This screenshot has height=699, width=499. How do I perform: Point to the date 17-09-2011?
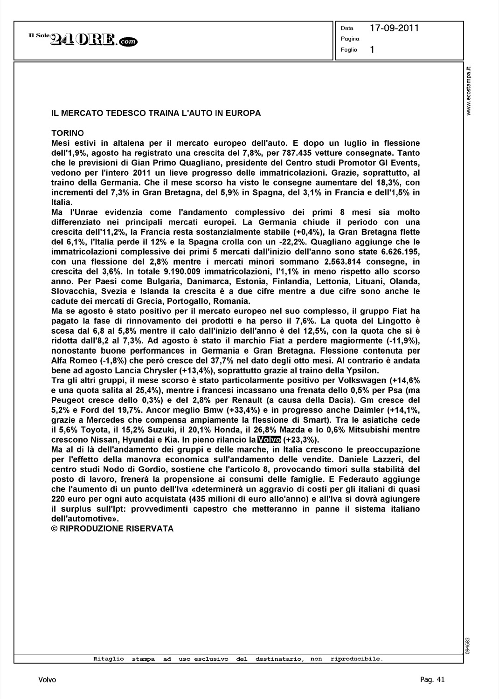(x=394, y=28)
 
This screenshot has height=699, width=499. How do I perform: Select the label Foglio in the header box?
(x=349, y=50)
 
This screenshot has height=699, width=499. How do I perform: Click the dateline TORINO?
(x=68, y=133)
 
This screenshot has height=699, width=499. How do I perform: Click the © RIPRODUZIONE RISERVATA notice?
(x=112, y=528)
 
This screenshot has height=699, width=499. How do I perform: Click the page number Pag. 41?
(x=432, y=680)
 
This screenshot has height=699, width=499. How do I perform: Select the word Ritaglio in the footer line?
(x=109, y=659)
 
